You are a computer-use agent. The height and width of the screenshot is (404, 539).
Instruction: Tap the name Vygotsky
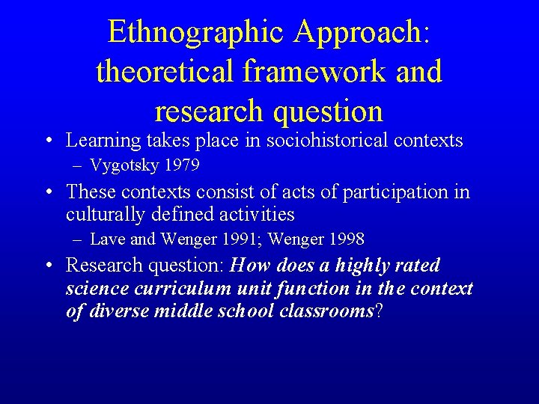(124, 165)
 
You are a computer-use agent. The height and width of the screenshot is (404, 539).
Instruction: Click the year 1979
(180, 165)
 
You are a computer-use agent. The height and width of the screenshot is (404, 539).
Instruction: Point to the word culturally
(106, 215)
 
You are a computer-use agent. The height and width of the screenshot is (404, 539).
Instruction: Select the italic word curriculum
(169, 288)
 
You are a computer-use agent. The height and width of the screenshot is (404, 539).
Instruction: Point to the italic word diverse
(119, 311)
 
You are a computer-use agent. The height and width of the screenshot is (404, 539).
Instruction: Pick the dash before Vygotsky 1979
(79, 165)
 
